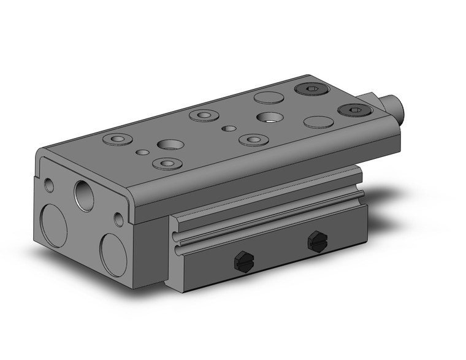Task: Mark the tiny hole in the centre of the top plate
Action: (x=229, y=128)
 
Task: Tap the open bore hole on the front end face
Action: (x=84, y=195)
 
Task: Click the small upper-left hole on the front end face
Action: (x=50, y=185)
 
